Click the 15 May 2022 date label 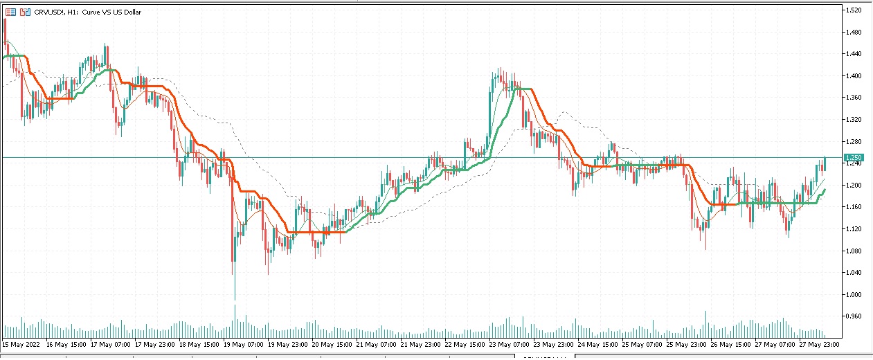click(21, 344)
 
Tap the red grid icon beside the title click(10, 12)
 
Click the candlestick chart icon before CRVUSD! click(25, 12)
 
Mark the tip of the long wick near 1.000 click(235, 299)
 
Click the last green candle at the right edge click(825, 163)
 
